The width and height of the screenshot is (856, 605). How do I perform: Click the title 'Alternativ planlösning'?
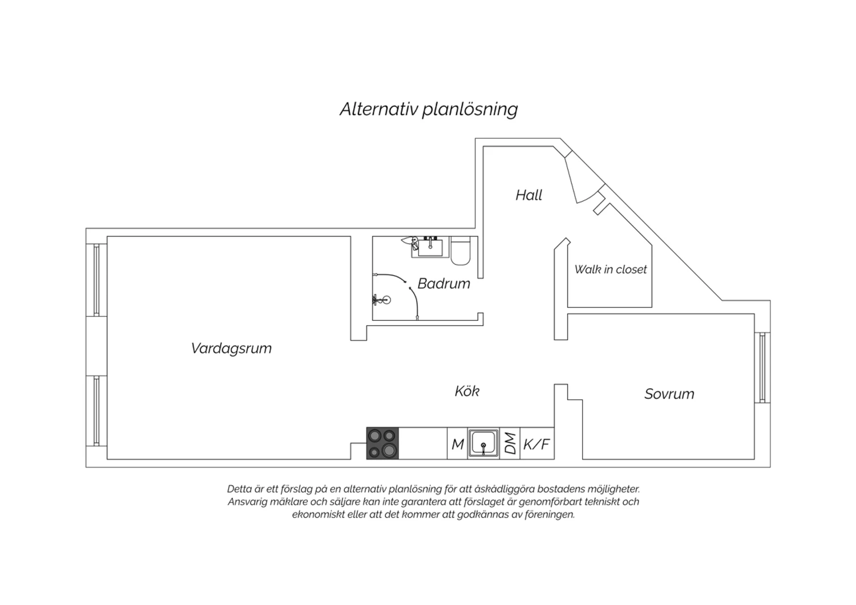429,110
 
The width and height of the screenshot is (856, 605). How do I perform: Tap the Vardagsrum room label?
231,348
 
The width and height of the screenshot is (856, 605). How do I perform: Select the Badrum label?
443,284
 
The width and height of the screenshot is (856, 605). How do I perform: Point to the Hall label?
529,195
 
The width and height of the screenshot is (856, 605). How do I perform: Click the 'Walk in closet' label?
610,269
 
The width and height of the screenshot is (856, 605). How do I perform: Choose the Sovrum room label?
669,394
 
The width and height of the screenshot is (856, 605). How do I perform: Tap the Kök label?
467,391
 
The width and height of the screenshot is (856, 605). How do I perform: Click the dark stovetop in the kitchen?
382,443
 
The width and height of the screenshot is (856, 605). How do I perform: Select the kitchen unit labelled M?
457,443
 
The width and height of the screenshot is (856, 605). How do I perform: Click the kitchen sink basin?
483,442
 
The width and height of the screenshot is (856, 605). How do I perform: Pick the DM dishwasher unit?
510,443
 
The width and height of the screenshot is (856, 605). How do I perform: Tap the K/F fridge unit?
537,443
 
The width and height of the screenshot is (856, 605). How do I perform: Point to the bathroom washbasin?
430,247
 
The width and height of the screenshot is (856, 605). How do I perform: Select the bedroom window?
762,368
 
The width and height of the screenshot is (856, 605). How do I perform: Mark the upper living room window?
96,280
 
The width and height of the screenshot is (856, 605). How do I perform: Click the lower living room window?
96,411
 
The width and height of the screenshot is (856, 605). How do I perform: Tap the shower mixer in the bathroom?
381,300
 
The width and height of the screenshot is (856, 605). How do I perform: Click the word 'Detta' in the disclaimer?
239,489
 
